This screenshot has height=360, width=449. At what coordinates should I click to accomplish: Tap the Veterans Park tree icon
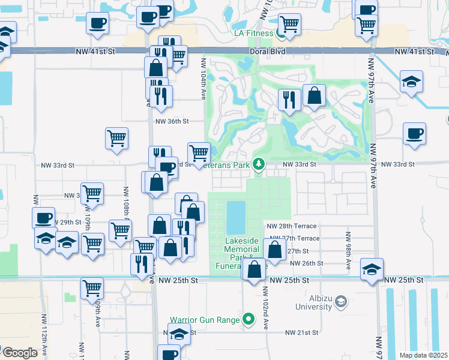click(x=258, y=163)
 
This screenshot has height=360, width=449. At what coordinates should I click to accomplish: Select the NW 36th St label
click(x=172, y=121)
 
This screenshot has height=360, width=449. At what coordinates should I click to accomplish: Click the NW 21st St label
click(x=301, y=332)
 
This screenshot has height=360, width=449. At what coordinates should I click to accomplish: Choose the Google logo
click(x=20, y=353)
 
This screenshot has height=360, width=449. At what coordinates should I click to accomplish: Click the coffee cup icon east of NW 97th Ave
click(x=414, y=133)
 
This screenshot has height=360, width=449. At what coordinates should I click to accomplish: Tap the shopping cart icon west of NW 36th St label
click(x=116, y=137)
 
